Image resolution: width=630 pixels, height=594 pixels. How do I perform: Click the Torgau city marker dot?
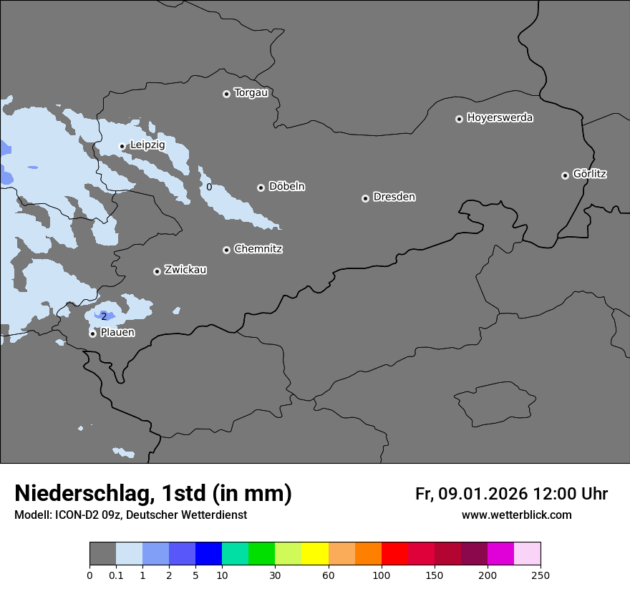[226, 94]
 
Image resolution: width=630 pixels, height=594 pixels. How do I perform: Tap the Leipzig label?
[147, 145]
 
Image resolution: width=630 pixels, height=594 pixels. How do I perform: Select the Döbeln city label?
[286, 186]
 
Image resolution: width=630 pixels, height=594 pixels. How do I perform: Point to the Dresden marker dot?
[365, 198]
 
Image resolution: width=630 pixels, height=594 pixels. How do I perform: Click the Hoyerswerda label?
[500, 117]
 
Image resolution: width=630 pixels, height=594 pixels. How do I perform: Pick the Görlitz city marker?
[565, 175]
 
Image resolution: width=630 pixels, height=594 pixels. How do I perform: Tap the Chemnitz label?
[258, 249]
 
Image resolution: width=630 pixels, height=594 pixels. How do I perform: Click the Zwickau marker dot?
[157, 271]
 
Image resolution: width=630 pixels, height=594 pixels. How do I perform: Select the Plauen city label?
[117, 332]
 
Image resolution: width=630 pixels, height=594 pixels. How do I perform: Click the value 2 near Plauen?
[103, 316]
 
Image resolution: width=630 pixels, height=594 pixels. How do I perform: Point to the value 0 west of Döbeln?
[209, 187]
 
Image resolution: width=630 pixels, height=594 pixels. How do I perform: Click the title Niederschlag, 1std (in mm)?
[153, 493]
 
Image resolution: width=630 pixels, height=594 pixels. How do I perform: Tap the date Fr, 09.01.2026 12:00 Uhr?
[511, 494]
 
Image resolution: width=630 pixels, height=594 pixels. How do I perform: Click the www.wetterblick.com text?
[516, 515]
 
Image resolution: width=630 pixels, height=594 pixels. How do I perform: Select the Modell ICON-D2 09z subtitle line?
[130, 515]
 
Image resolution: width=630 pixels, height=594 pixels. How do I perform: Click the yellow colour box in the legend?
[315, 554]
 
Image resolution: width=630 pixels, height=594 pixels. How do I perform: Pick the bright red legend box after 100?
[394, 554]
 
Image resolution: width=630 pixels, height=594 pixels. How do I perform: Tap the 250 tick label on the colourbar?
[541, 575]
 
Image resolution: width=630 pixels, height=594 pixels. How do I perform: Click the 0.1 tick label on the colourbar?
[116, 575]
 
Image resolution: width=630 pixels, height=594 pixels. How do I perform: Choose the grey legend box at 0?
[102, 554]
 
